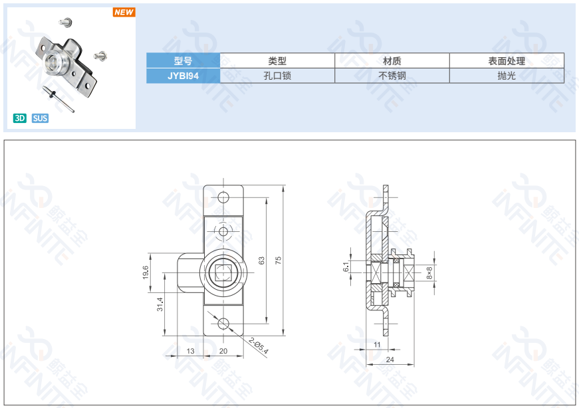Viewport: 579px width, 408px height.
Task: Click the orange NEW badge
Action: (x=124, y=12)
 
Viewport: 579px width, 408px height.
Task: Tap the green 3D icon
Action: (x=20, y=118)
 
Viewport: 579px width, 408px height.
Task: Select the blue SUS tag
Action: (x=40, y=118)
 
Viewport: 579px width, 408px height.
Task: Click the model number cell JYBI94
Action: (x=183, y=76)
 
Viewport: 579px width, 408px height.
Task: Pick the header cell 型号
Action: (x=183, y=60)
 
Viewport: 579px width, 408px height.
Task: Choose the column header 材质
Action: (x=392, y=60)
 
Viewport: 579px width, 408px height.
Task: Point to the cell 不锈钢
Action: (x=392, y=76)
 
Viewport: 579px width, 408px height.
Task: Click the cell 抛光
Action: (x=507, y=76)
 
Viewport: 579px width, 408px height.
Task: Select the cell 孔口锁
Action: (x=277, y=76)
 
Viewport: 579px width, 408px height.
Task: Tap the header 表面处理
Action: (x=507, y=60)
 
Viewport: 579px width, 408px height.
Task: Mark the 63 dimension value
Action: (x=262, y=260)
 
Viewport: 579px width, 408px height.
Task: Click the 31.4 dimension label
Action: (x=160, y=305)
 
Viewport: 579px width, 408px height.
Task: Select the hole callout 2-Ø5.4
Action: (x=258, y=346)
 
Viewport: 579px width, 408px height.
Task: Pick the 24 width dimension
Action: (x=389, y=359)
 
